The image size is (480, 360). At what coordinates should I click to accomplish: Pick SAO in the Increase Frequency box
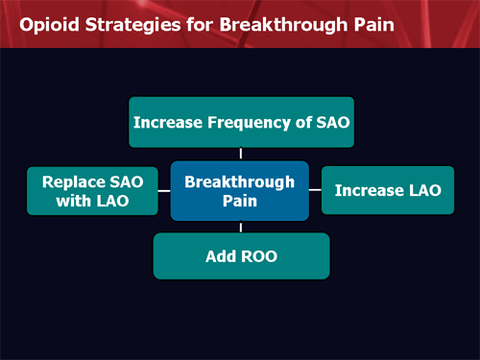pyautogui.click(x=326, y=122)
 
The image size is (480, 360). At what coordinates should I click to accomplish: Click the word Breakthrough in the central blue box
pyautogui.click(x=240, y=180)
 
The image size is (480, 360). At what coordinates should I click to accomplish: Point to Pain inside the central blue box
pyautogui.click(x=240, y=201)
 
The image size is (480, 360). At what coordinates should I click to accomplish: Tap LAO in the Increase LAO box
pyautogui.click(x=420, y=190)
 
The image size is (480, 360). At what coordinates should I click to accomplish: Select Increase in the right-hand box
pyautogui.click(x=368, y=190)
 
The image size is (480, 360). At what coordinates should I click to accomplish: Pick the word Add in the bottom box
pyautogui.click(x=220, y=257)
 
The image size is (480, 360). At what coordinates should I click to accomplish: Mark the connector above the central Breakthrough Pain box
pyautogui.click(x=241, y=154)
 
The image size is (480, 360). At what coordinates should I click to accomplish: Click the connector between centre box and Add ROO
pyautogui.click(x=241, y=228)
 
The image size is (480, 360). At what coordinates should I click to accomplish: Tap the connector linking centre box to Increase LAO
pyautogui.click(x=315, y=190)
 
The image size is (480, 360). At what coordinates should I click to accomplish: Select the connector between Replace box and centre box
pyautogui.click(x=164, y=190)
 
